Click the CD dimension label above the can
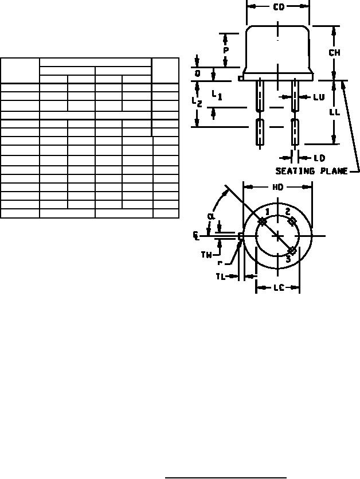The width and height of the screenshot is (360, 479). [x=279, y=7]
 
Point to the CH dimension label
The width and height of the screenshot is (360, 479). [x=334, y=53]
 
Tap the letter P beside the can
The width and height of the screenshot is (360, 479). [x=226, y=50]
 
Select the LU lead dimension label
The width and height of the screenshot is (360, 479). [x=319, y=97]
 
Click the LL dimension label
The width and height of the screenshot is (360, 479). [x=335, y=112]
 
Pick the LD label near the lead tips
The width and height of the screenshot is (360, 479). [x=319, y=158]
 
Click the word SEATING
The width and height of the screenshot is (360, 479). [x=295, y=171]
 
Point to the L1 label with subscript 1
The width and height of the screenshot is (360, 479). [x=217, y=95]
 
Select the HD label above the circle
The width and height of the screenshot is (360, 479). [x=277, y=187]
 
